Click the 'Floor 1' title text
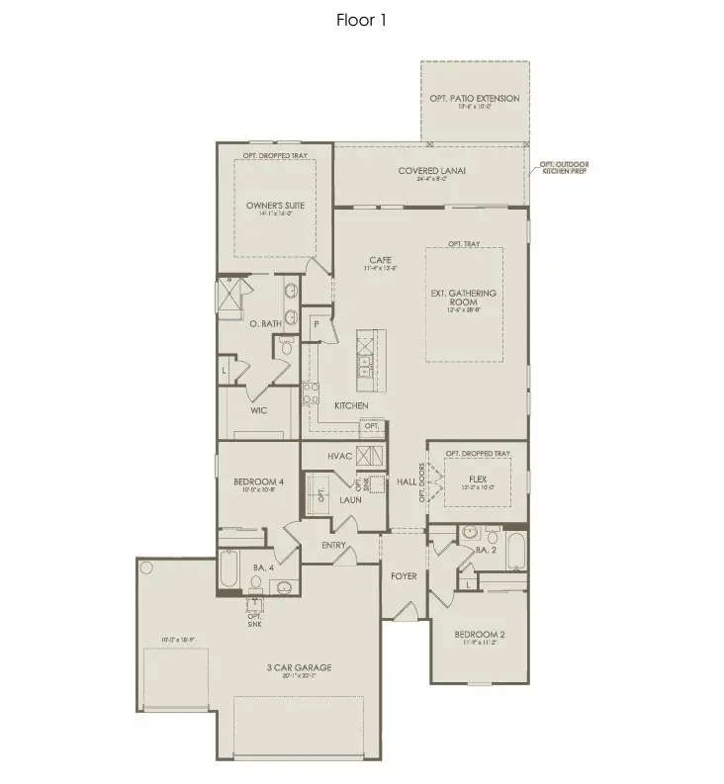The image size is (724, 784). (361, 20)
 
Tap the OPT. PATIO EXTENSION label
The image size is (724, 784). (474, 99)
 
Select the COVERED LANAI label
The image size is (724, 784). (432, 171)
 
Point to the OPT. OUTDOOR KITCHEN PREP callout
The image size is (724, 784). (561, 167)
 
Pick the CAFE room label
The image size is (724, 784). (381, 260)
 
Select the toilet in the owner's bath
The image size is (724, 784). (287, 346)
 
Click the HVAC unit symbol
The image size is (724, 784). (370, 456)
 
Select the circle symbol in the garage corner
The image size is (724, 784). (146, 568)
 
